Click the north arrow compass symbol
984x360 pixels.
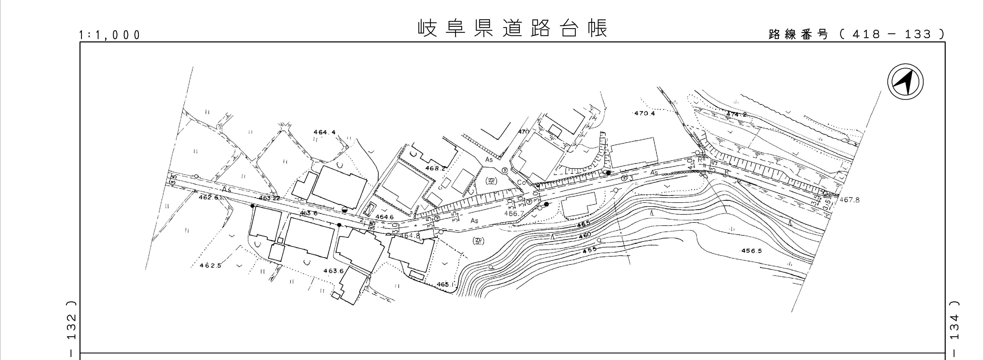[x=905, y=82]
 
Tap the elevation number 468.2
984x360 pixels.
[x=436, y=168]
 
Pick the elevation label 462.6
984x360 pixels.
[x=209, y=198]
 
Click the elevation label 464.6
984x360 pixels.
[x=384, y=217]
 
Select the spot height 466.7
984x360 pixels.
[x=514, y=213]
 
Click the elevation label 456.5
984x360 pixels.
[x=752, y=251]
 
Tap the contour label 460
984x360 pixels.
[x=585, y=235]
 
